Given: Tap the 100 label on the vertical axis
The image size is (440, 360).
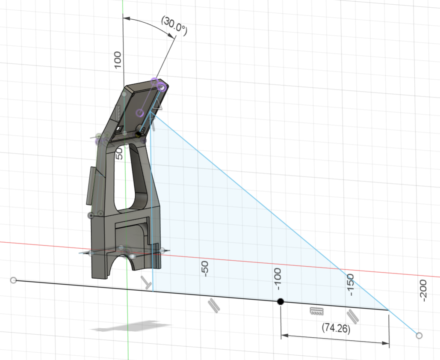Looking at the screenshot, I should pyautogui.click(x=118, y=60).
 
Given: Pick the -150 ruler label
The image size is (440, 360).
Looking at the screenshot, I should pyautogui.click(x=351, y=285).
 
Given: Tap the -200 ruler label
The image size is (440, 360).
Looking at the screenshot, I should pyautogui.click(x=423, y=291).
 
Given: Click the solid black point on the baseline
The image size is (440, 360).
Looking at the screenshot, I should pyautogui.click(x=280, y=302).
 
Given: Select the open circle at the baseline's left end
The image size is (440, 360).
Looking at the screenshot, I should pyautogui.click(x=13, y=280).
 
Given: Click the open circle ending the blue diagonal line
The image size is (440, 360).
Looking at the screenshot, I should pyautogui.click(x=419, y=336).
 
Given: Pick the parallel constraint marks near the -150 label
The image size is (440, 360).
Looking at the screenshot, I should pyautogui.click(x=353, y=315).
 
